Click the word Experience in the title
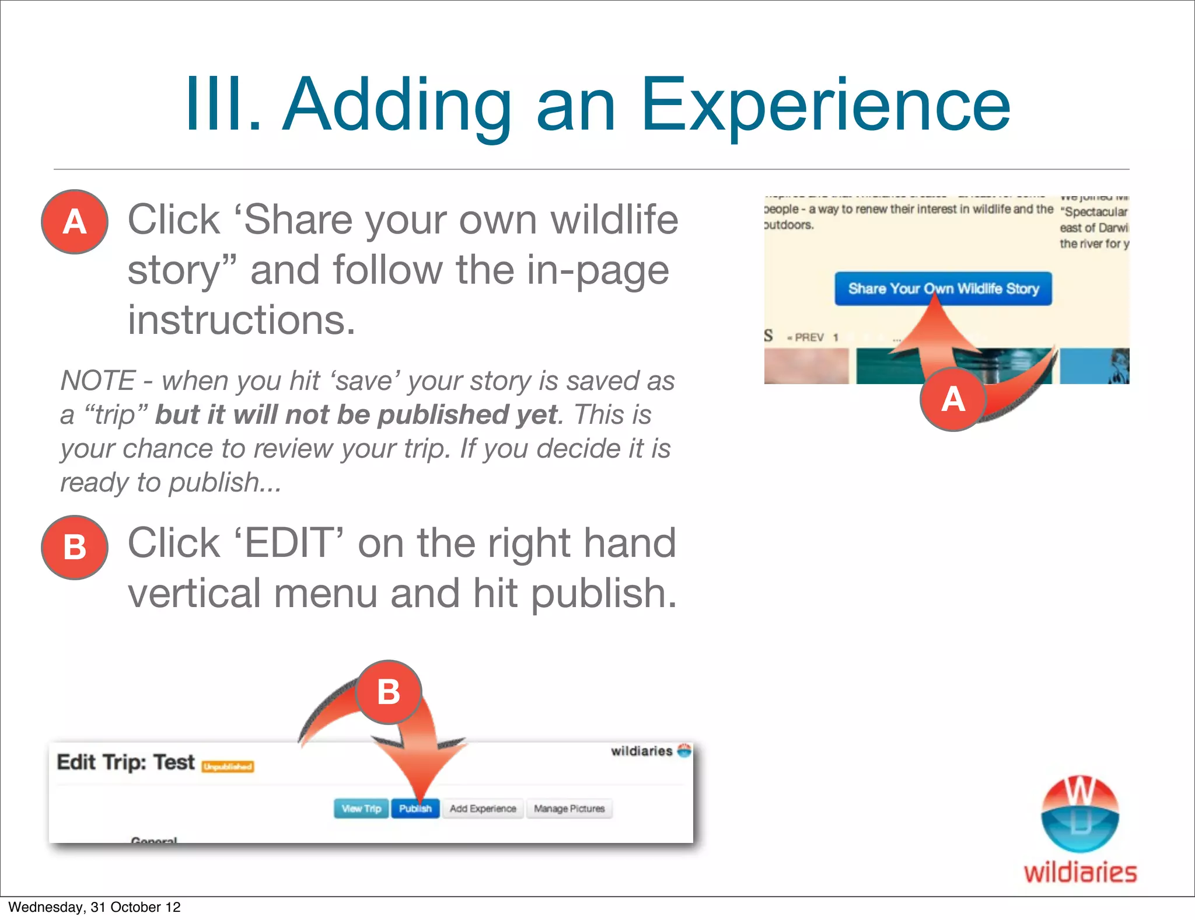825,105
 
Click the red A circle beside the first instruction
75,222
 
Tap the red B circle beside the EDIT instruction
75,547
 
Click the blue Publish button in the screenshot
415,809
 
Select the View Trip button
361,809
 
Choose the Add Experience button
483,809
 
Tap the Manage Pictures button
569,809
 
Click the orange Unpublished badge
228,766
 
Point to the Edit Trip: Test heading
125,762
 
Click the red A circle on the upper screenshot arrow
953,399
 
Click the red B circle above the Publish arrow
388,692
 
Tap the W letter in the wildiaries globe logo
1079,792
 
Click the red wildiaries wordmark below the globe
1080,873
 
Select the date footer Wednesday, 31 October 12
95,907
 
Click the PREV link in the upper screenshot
808,337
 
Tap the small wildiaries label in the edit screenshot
642,751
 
